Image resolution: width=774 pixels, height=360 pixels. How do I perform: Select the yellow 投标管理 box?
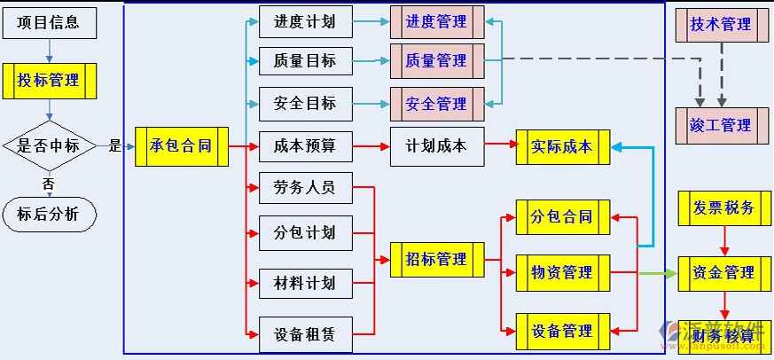[x=51, y=81]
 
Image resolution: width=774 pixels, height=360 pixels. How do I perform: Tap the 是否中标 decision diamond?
[x=49, y=146]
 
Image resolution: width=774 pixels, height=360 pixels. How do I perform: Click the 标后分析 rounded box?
[x=48, y=214]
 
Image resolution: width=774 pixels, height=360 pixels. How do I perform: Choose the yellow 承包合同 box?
[x=182, y=146]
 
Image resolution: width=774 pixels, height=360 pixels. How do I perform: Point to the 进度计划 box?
[x=305, y=22]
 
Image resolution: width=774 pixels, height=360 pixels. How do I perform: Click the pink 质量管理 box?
[x=436, y=61]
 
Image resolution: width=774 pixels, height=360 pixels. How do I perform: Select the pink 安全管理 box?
[x=436, y=104]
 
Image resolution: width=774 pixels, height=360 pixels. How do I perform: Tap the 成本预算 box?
[x=305, y=146]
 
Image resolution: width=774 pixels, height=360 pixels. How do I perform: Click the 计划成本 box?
[x=436, y=146]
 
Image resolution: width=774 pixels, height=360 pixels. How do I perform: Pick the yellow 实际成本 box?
[x=562, y=146]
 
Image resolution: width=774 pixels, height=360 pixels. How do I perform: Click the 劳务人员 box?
[x=305, y=188]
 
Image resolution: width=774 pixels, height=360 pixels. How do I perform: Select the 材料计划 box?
[x=305, y=284]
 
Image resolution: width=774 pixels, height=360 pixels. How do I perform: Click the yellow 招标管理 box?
[x=436, y=260]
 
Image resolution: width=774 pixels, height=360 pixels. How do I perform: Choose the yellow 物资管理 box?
[x=562, y=272]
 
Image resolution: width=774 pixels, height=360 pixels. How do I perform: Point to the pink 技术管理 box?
[x=721, y=24]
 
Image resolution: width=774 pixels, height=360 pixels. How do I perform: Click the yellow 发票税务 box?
[x=723, y=208]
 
